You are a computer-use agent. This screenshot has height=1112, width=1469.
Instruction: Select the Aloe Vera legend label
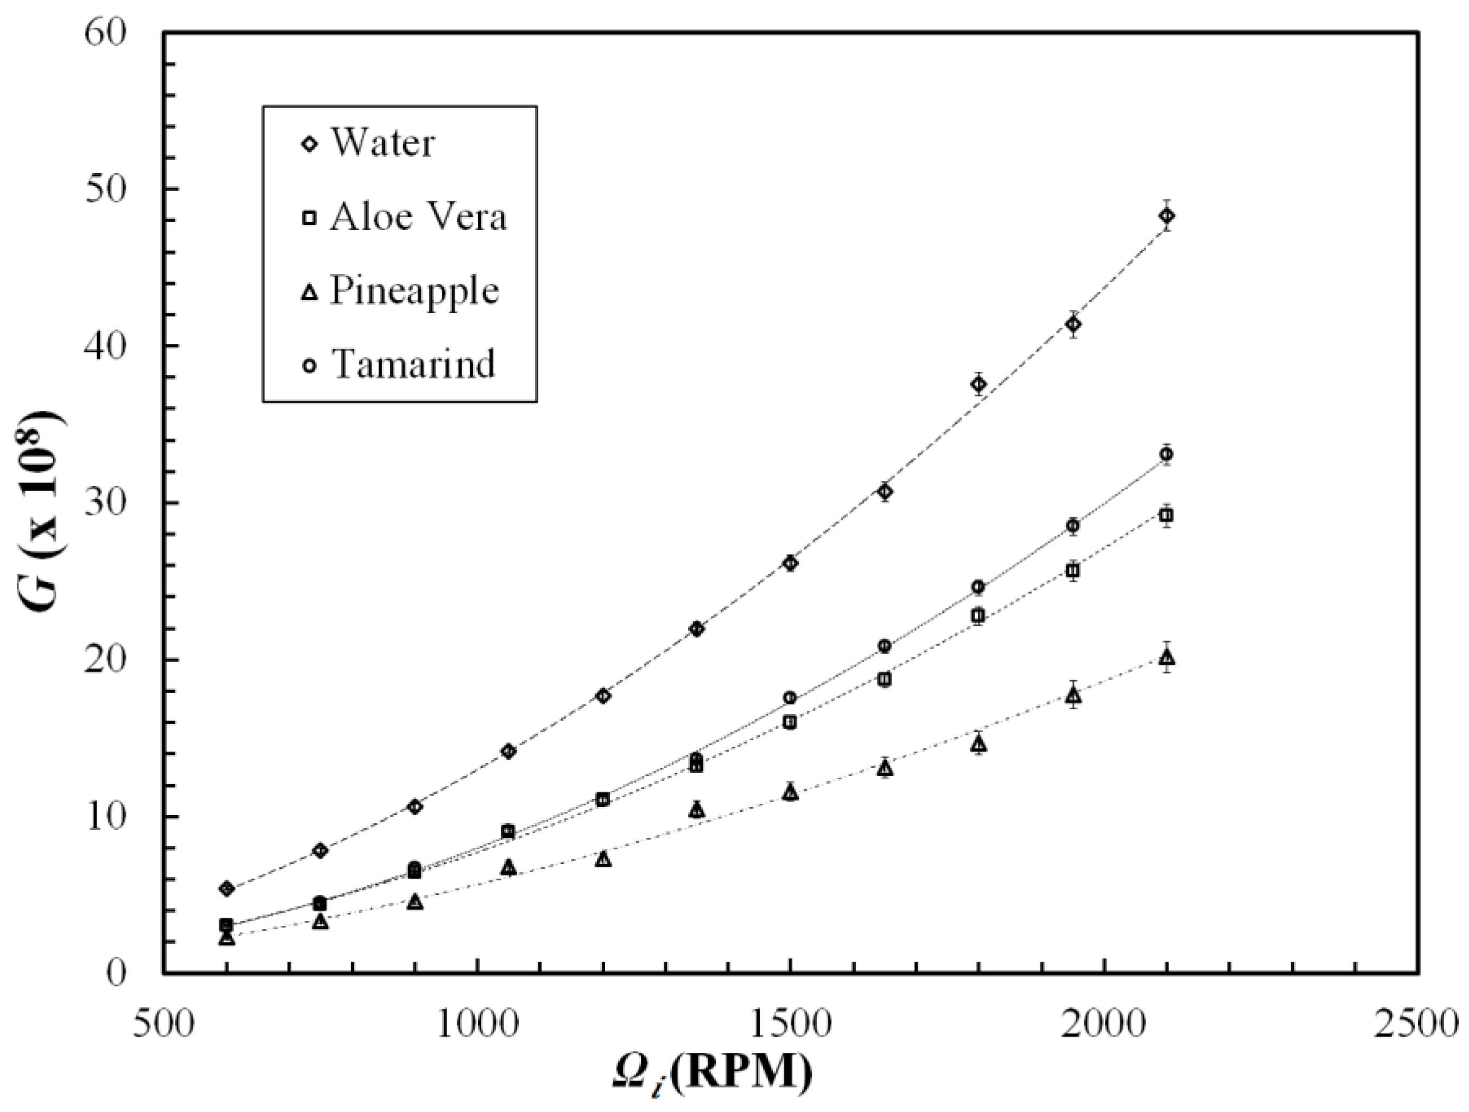click(x=418, y=217)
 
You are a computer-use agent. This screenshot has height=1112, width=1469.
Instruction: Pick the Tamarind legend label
click(x=414, y=364)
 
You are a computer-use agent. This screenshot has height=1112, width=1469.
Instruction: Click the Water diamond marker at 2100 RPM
click(x=1167, y=215)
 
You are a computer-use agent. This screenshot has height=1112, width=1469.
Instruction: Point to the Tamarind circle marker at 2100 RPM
click(x=1166, y=454)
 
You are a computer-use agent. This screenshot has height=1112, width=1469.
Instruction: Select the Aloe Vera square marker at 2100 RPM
click(x=1166, y=515)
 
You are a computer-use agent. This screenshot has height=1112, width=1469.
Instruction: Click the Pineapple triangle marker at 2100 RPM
click(x=1167, y=658)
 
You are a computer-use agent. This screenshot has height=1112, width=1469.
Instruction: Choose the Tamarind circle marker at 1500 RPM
click(x=790, y=697)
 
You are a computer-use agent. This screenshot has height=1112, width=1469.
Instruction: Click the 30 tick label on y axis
click(x=106, y=504)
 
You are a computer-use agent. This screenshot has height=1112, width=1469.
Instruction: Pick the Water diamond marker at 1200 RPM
click(x=603, y=696)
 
